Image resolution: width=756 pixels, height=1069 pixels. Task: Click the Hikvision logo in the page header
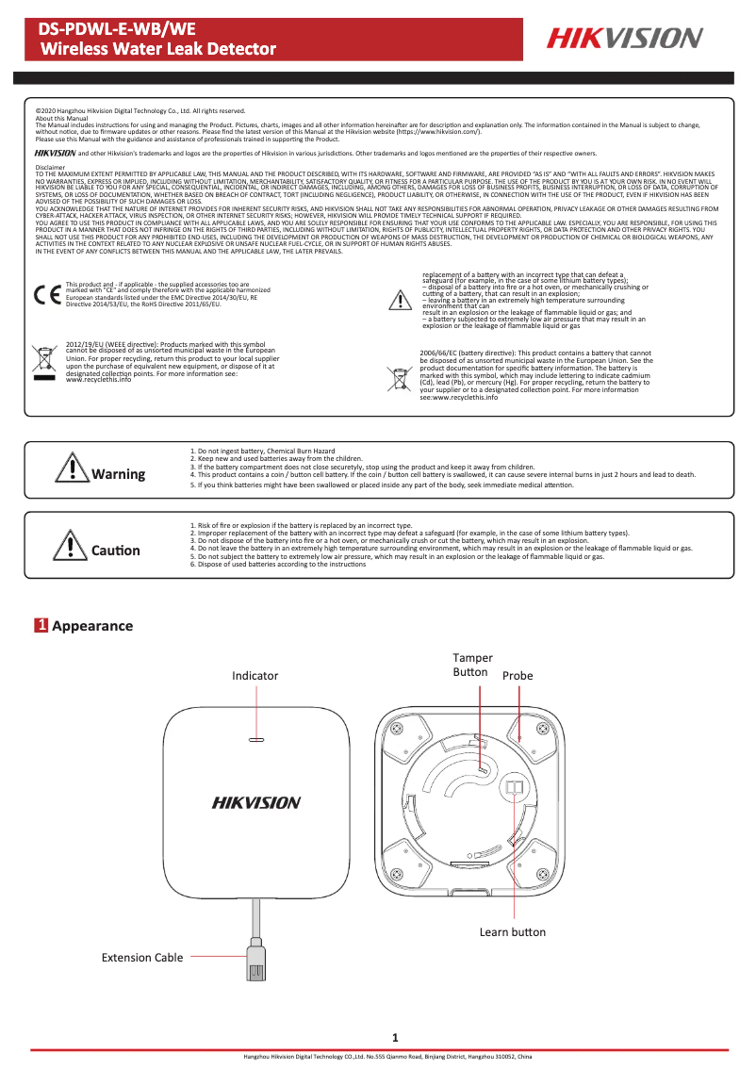pyautogui.click(x=626, y=38)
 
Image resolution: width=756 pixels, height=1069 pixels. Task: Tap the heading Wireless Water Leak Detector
pyautogui.click(x=158, y=49)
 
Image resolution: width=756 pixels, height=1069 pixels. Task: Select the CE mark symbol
pyautogui.click(x=44, y=294)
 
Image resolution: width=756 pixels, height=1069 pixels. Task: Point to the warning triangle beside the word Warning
pyautogui.click(x=72, y=469)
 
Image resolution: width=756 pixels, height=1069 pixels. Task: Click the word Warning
pyautogui.click(x=118, y=474)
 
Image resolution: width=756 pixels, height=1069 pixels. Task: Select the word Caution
pyautogui.click(x=115, y=551)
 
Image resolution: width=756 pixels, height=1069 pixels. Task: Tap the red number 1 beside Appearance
pyautogui.click(x=41, y=626)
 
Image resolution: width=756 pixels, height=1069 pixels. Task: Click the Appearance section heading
pyautogui.click(x=92, y=626)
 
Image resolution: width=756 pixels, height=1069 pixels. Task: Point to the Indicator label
pyautogui.click(x=255, y=676)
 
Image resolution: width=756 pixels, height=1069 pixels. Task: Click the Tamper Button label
pyautogui.click(x=471, y=665)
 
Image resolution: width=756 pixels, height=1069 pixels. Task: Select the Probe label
pyautogui.click(x=518, y=676)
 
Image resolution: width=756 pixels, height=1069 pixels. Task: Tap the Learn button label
pyautogui.click(x=512, y=932)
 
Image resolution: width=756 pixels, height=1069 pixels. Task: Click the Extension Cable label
pyautogui.click(x=142, y=958)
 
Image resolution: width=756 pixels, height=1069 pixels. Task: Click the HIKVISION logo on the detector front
pyautogui.click(x=255, y=803)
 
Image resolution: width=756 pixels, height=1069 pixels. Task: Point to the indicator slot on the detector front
pyautogui.click(x=255, y=740)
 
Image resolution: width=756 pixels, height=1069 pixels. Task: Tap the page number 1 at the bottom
pyautogui.click(x=396, y=1038)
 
